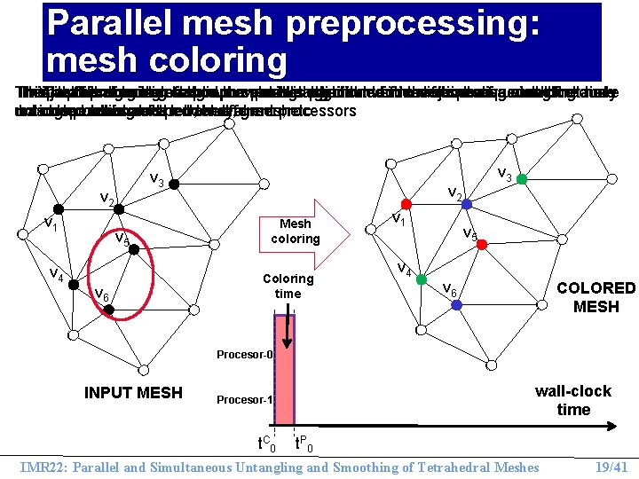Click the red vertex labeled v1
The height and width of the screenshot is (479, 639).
[404, 203]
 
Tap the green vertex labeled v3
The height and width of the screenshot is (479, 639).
[522, 179]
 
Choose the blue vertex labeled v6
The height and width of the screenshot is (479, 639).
[456, 304]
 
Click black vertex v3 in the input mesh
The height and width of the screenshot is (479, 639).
[176, 185]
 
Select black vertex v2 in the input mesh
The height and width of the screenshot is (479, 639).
[121, 211]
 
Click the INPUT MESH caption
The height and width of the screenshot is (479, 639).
[133, 392]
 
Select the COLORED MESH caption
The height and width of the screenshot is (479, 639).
[596, 297]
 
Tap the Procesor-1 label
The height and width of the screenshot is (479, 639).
[243, 400]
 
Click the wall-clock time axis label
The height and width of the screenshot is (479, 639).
[573, 400]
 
